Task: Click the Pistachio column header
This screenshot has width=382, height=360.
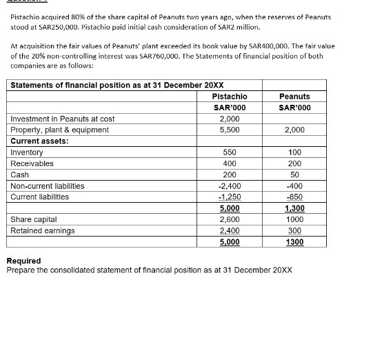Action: point(230,97)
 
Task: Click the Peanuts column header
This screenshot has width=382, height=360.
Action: point(294,97)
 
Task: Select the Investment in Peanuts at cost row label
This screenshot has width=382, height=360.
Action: point(63,119)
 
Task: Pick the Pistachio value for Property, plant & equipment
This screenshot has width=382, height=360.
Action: point(230,130)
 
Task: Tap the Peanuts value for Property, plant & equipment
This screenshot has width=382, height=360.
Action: point(294,130)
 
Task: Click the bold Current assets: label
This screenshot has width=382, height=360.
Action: point(39,141)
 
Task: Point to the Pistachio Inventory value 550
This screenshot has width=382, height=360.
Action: point(230,152)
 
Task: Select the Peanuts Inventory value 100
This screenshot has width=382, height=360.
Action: point(294,152)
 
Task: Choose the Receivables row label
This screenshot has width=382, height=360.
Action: point(32,163)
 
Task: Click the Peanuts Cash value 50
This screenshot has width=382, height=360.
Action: point(294,174)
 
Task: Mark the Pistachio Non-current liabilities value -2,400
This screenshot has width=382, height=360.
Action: point(230,186)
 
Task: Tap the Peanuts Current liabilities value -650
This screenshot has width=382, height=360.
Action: point(294,197)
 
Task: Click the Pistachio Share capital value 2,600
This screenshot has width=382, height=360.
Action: point(230,219)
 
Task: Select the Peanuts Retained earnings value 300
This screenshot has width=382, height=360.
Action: point(294,230)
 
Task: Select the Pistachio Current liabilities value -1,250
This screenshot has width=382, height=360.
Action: point(230,197)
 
